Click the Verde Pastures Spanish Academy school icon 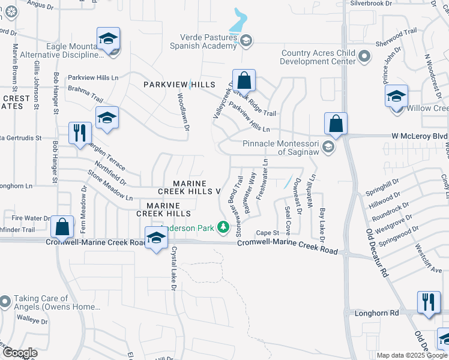(x=246, y=41)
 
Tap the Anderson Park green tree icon (x=223, y=227)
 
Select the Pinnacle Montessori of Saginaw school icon (x=328, y=146)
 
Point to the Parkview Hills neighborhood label (x=178, y=85)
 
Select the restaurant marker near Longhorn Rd (x=427, y=303)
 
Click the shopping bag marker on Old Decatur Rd (x=336, y=124)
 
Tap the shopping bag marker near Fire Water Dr (x=62, y=227)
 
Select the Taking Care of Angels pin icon (x=5, y=300)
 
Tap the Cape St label (x=268, y=233)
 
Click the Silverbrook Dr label (x=388, y=3)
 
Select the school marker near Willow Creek (x=397, y=97)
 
